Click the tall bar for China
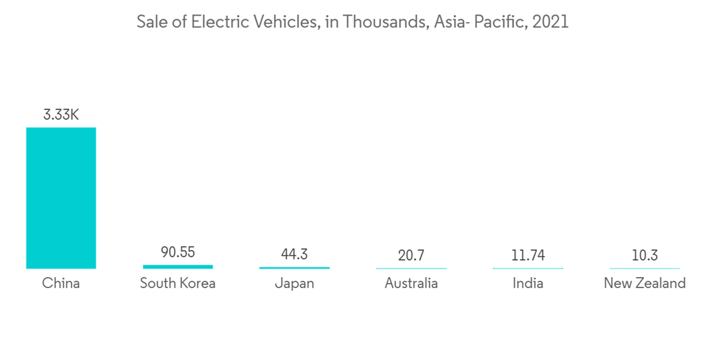61,198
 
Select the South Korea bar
178,266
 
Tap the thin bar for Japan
294,268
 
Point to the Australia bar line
411,269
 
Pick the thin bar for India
528,269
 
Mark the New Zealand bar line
644,269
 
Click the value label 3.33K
61,114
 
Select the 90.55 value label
178,252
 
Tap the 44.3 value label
294,254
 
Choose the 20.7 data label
411,255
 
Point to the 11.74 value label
528,255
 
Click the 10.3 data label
644,255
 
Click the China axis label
61,284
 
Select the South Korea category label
178,284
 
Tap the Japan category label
294,284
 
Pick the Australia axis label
411,284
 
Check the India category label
528,284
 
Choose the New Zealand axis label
644,284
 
